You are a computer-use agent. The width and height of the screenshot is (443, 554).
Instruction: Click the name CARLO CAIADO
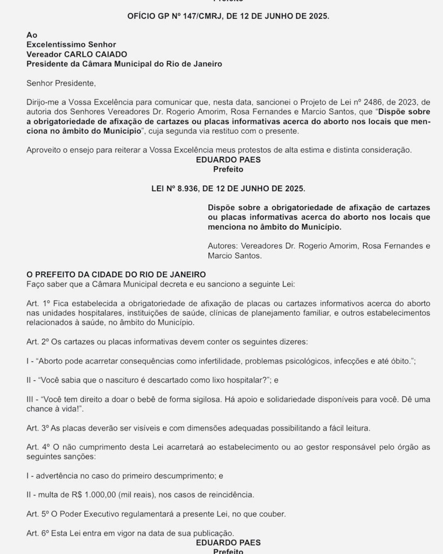click(95, 54)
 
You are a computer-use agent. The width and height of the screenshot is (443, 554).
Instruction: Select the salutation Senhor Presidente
click(61, 83)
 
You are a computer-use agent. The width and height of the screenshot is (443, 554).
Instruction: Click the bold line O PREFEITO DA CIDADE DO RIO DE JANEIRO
click(116, 275)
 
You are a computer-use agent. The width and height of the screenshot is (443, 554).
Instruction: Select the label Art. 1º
click(38, 303)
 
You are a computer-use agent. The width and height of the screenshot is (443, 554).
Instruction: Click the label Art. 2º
click(37, 342)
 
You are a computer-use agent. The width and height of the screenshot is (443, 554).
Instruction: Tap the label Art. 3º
click(37, 428)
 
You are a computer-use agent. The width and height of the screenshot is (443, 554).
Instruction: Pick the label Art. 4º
click(38, 447)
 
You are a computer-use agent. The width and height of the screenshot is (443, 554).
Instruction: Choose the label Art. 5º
click(37, 514)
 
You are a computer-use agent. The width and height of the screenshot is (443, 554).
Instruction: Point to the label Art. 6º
click(37, 533)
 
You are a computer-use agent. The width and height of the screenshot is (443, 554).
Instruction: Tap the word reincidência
click(231, 495)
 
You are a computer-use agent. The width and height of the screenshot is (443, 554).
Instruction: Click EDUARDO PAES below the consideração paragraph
click(228, 160)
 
